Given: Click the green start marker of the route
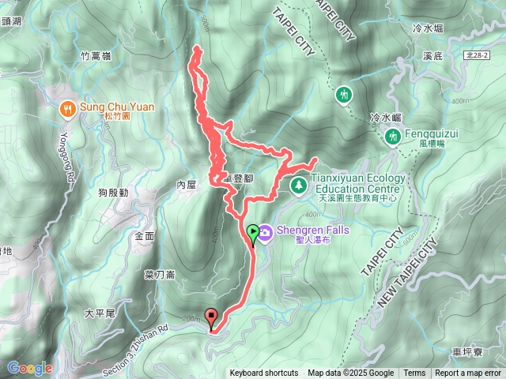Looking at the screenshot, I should (x=253, y=232).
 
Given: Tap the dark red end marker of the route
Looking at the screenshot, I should (x=211, y=317).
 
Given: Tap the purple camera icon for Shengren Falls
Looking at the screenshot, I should (x=265, y=232).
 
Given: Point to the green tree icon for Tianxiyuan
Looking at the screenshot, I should (x=299, y=185).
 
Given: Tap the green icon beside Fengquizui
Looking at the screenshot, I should (x=391, y=137).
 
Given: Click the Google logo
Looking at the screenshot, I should (x=30, y=368).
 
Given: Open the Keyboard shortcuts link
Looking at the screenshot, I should (x=264, y=373).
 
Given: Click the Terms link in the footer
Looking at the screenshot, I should (x=414, y=373).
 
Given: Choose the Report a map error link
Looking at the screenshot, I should (x=468, y=373).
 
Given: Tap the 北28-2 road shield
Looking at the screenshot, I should (x=477, y=55).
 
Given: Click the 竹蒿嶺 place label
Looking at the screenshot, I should (x=96, y=56).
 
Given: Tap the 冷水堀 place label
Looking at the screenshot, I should (x=428, y=28).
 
